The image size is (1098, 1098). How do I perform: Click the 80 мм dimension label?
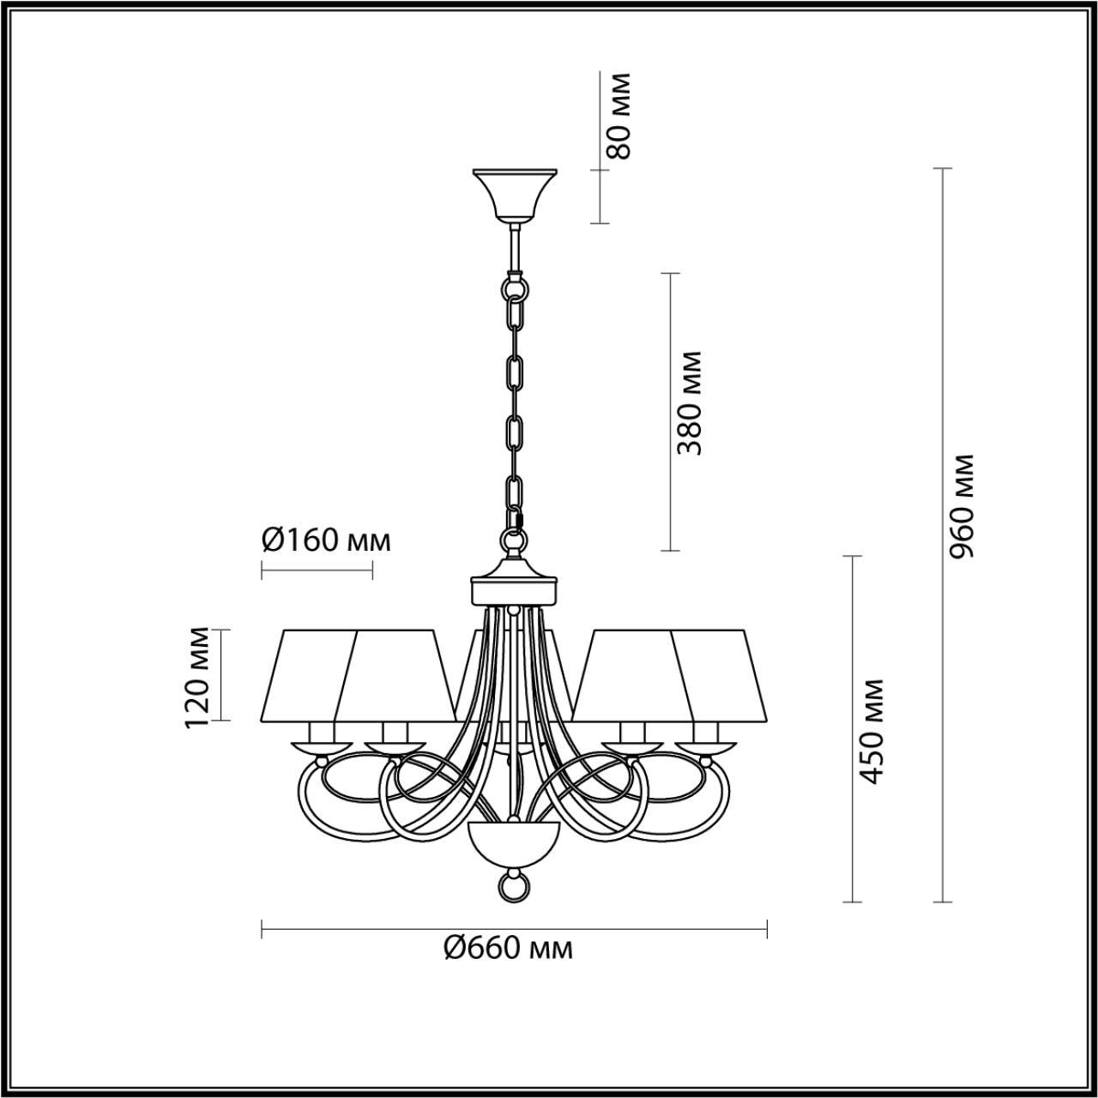coord(618,116)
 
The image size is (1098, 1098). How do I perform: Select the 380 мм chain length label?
coord(689,402)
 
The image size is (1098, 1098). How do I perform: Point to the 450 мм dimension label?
coord(872,730)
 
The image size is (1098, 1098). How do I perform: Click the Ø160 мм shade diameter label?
coord(325,540)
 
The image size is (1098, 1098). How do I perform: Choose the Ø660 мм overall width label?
coord(509,948)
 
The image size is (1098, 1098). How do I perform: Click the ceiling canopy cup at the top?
coord(515,193)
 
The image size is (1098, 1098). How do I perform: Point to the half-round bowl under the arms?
coord(513,844)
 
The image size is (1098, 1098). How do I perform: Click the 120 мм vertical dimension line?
coord(222,675)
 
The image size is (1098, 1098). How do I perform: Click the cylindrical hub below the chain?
coord(514,590)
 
